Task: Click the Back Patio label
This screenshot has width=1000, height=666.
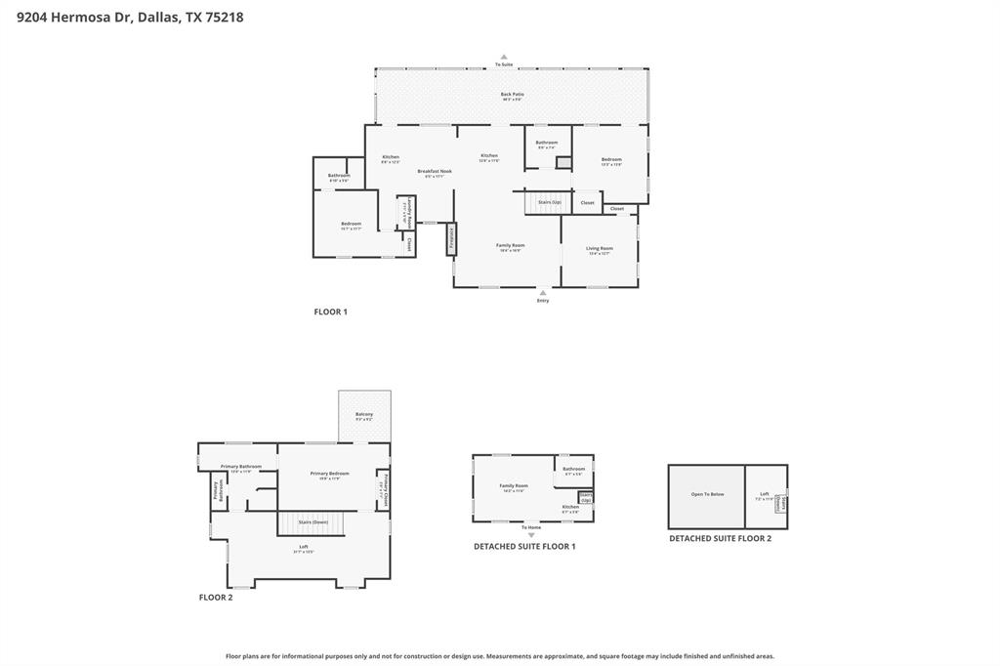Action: (x=513, y=96)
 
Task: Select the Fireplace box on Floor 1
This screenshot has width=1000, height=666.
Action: (x=451, y=238)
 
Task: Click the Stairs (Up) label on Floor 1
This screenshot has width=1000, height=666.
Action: (x=549, y=202)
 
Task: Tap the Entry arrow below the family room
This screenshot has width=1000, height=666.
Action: (x=543, y=292)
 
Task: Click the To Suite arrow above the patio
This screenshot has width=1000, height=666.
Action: (x=504, y=58)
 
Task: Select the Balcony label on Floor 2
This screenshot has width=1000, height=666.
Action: (x=364, y=416)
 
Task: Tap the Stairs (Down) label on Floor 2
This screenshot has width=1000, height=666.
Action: (x=312, y=522)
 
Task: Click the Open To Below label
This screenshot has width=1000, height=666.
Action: (x=707, y=495)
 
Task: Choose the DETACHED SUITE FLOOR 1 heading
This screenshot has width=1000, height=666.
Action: (x=524, y=547)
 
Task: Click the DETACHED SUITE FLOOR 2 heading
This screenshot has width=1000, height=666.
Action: (x=720, y=538)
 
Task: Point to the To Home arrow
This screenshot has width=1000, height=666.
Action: (x=531, y=534)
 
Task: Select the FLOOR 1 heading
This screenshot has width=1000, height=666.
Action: (x=330, y=312)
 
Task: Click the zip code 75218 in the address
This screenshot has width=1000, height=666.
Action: (x=225, y=17)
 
